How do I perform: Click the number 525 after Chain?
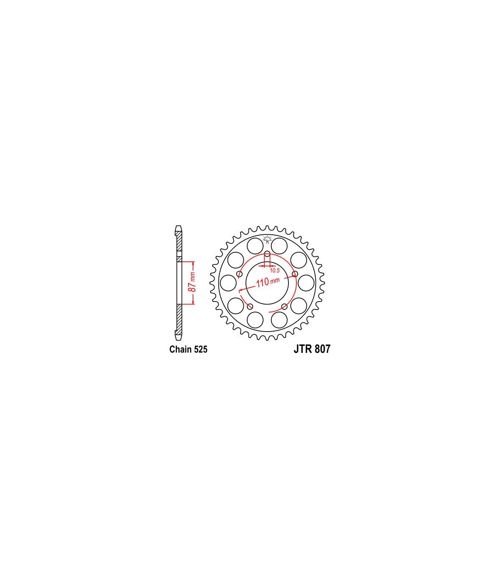click(x=200, y=350)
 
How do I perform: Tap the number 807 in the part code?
click(x=322, y=349)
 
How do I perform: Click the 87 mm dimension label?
click(x=192, y=282)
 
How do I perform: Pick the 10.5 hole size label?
click(x=275, y=271)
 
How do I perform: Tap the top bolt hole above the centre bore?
click(x=267, y=254)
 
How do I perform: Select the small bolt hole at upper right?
click(x=294, y=274)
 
